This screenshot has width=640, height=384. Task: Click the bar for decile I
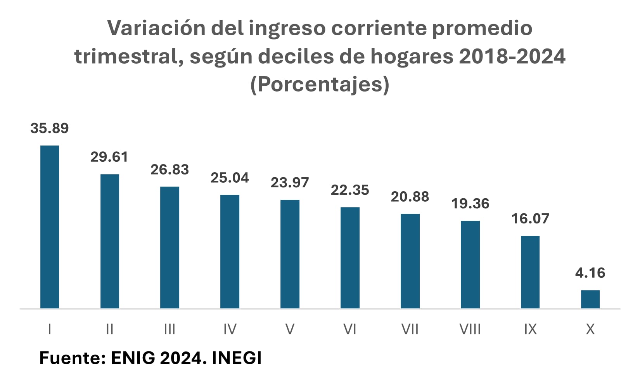[x=50, y=227]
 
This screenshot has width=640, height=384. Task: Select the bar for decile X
[x=590, y=299]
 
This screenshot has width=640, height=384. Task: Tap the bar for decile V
[x=290, y=254]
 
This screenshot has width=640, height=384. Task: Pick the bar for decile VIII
[x=470, y=265]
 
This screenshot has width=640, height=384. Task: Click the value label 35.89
[x=50, y=128]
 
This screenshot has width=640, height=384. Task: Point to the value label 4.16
[x=590, y=273]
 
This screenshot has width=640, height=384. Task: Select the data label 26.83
[x=170, y=170]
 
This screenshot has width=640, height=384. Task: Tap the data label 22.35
[x=350, y=190]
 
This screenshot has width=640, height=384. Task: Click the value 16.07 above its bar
[x=530, y=219]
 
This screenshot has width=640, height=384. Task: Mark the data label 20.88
[x=410, y=197]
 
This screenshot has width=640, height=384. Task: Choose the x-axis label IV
[x=230, y=329]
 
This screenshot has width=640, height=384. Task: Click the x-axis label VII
[x=410, y=329]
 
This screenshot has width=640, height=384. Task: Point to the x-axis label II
[x=110, y=329]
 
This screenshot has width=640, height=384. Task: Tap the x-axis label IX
[x=530, y=329]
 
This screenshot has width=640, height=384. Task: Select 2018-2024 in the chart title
[x=512, y=57]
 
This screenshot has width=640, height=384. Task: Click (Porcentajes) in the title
[x=320, y=84]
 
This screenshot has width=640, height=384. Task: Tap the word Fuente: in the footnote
[x=73, y=358]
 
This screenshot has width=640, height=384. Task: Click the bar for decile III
[x=170, y=247]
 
